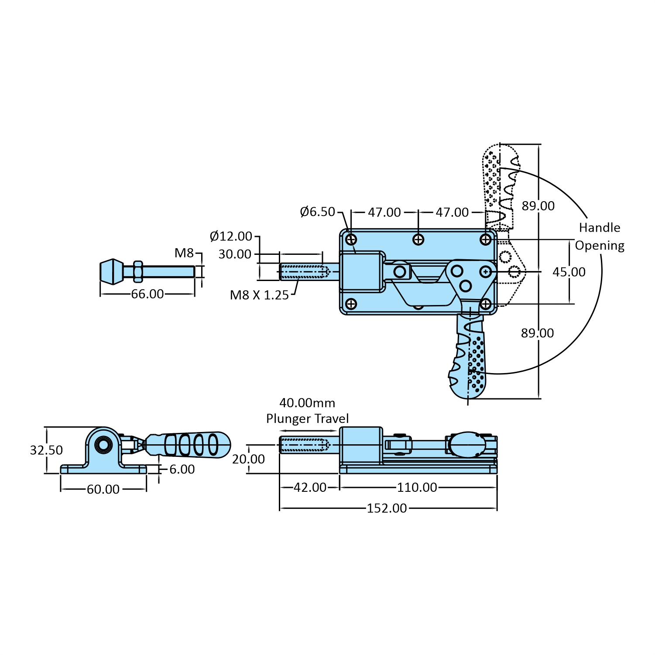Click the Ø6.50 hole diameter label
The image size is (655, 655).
[x=317, y=212]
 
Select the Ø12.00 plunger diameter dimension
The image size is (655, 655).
[x=231, y=237]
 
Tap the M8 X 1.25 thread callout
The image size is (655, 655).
[x=259, y=295]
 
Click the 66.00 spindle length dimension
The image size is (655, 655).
[x=147, y=294]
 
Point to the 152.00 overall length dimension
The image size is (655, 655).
[x=387, y=508]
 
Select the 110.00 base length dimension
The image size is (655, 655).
[x=417, y=487]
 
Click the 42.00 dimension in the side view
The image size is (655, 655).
[x=310, y=487]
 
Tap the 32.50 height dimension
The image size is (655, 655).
[x=46, y=450]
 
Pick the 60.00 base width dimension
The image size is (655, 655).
[x=103, y=490]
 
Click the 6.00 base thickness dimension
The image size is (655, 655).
[x=182, y=470]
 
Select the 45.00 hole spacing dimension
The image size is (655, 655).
[x=569, y=272]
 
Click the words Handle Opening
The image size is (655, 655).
[x=600, y=237]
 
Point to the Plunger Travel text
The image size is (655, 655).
[x=307, y=419]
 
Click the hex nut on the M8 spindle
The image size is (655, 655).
[x=137, y=271]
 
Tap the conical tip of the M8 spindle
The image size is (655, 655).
[x=112, y=271]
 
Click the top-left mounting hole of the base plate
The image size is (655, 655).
[x=351, y=240]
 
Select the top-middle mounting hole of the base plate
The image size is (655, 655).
[x=418, y=240]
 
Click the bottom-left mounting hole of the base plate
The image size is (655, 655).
[x=351, y=304]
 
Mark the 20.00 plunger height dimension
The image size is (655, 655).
[x=248, y=459]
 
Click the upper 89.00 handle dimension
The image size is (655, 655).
[x=538, y=206]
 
